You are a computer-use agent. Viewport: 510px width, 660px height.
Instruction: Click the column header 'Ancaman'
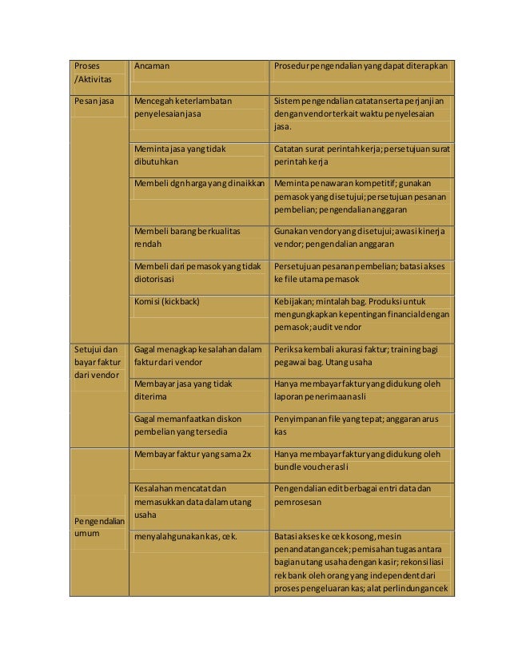point(152,66)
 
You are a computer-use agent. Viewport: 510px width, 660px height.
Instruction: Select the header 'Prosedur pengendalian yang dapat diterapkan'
point(361,66)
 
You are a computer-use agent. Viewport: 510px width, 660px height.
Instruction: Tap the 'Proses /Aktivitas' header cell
point(93,73)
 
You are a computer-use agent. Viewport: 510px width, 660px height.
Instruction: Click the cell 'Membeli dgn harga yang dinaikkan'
point(200,183)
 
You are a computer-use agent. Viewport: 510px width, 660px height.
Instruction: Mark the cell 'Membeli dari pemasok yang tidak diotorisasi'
point(198,272)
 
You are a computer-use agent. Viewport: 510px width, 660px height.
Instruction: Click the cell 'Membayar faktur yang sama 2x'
point(193,454)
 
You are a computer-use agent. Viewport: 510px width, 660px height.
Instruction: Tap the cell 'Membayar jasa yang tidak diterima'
point(183,390)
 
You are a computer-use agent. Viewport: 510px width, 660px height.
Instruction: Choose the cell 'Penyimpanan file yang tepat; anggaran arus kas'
point(356,425)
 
